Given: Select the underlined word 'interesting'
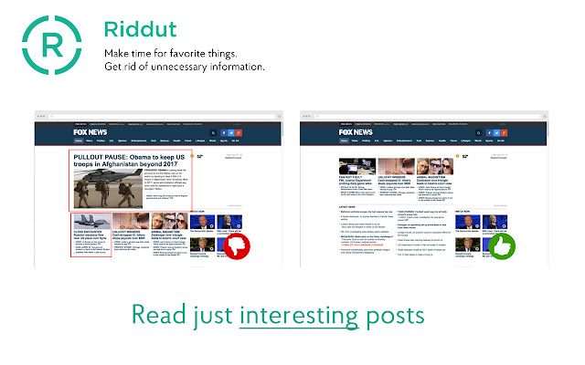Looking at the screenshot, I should tap(297, 315).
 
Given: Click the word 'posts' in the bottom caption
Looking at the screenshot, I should tap(394, 316).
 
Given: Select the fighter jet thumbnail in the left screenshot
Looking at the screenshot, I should tap(90, 223).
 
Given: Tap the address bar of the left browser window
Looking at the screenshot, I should tap(137, 118).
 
